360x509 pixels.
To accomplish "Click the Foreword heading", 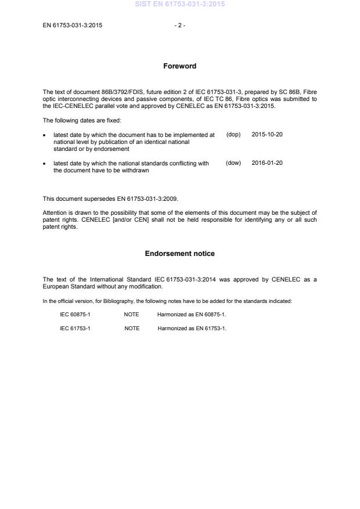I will pos(179,66).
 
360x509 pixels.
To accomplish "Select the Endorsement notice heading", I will pos(179,253).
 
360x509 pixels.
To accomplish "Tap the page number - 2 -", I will pos(180,25).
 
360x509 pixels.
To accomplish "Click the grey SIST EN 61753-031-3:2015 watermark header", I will pos(180,4).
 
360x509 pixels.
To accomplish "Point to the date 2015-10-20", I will pos(267,134).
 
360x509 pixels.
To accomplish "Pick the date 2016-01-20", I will pos(267,163).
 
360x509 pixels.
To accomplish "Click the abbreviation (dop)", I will pos(233,134).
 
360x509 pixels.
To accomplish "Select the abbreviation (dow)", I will pos(233,163).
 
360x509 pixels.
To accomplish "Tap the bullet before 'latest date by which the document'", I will pos(45,135).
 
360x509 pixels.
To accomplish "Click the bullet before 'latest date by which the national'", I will pos(45,164).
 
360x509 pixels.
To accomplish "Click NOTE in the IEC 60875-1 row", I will pos(132,314).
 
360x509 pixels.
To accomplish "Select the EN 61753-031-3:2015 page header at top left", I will pos(73,25).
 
